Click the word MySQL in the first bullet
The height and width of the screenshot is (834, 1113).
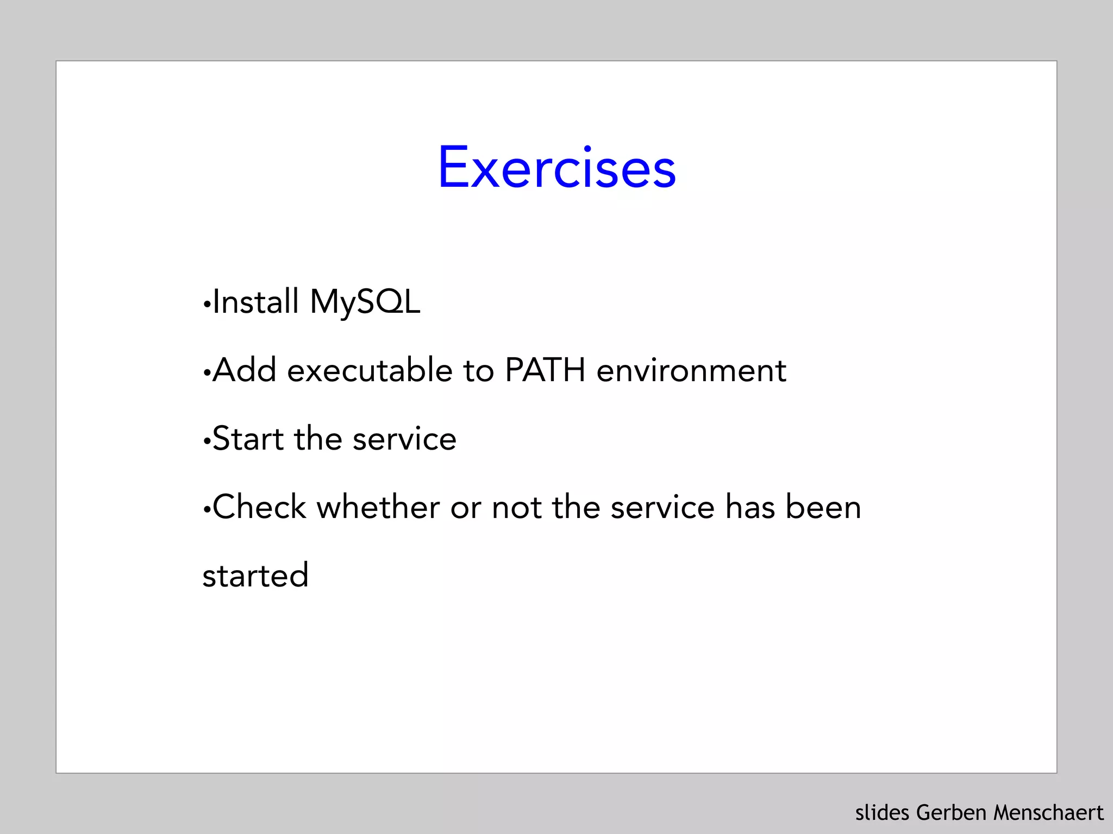pos(365,302)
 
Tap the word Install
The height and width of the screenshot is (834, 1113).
pos(255,302)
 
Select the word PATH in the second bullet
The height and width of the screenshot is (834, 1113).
pos(545,370)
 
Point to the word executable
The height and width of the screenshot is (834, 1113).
pos(370,370)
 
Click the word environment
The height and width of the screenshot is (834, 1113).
pos(691,370)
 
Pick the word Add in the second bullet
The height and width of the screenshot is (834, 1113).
pos(245,370)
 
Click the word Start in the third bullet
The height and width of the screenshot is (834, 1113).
pos(248,439)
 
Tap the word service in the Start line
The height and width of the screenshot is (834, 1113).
pos(404,439)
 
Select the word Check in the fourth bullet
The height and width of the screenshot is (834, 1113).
pos(260,507)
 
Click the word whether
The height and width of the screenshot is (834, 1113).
pos(378,507)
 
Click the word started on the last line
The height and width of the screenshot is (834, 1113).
pos(255,576)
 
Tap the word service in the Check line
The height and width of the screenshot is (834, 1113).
pos(662,507)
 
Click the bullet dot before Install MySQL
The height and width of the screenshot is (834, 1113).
pos(206,305)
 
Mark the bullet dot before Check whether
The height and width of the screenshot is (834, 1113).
pos(206,510)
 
